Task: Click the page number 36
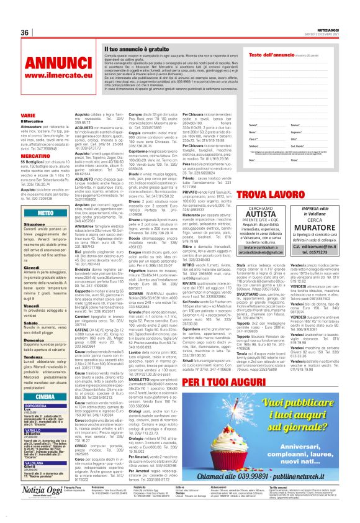click(x=25, y=32)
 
